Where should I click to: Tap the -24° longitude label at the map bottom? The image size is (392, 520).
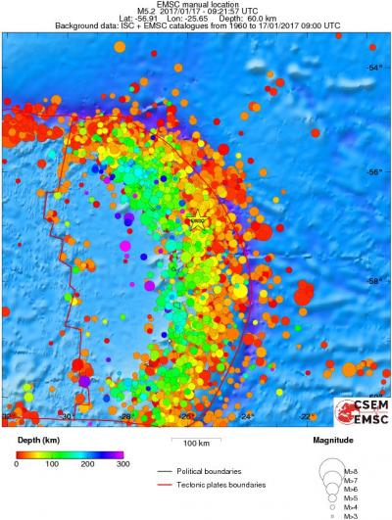click(x=247, y=415)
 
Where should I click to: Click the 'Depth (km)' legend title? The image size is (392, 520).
click(x=37, y=441)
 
